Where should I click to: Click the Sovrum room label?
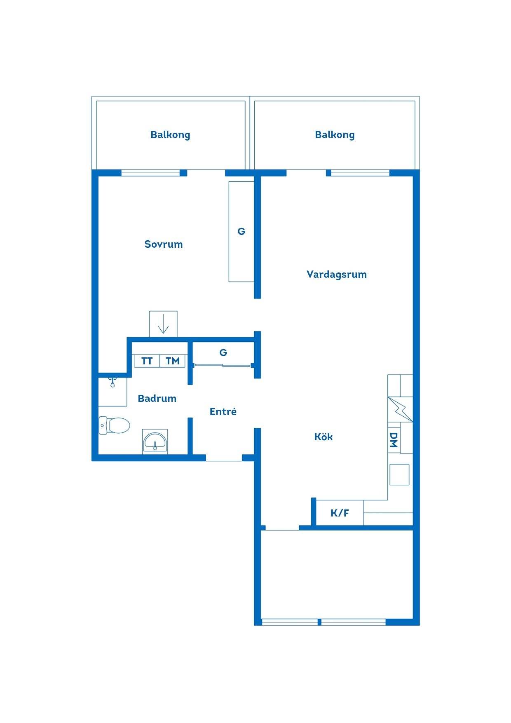[163, 244]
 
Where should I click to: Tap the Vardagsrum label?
[337, 275]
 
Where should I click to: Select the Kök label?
[323, 437]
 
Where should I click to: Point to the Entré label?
[223, 411]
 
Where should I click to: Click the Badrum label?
[157, 398]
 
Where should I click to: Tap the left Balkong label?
[170, 135]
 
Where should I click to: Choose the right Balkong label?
[335, 135]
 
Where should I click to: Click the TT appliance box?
[147, 361]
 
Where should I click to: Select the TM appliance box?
[172, 361]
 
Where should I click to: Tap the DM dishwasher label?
[394, 440]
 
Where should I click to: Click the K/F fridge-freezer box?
[340, 513]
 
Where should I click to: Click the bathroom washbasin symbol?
[155, 442]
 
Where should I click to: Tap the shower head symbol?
[112, 382]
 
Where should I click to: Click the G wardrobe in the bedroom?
[241, 232]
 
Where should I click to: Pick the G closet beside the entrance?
[223, 353]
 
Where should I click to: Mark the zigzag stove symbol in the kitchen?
[400, 409]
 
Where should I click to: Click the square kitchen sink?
[400, 474]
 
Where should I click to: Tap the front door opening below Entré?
[224, 458]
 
